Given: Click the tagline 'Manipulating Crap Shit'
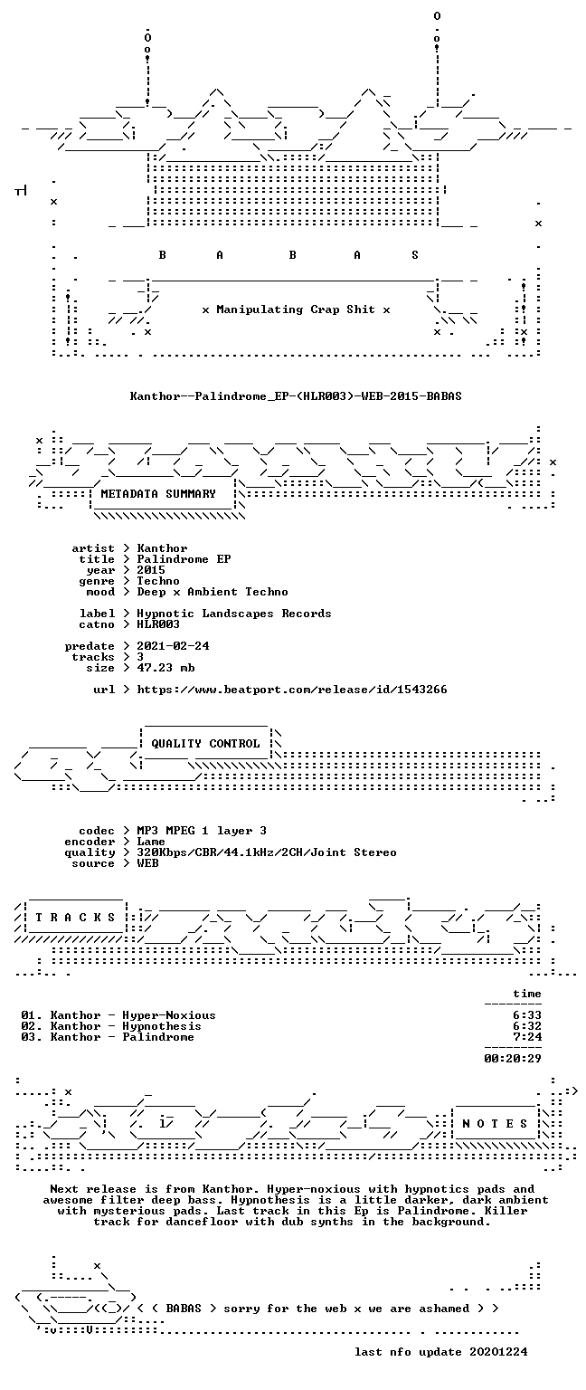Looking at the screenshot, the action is click(295, 309).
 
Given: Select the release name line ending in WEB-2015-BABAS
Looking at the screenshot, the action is click(295, 395).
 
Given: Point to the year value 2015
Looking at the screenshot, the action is click(151, 570).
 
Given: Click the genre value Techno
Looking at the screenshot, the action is click(158, 581).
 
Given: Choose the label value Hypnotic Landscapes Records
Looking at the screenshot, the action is click(234, 614).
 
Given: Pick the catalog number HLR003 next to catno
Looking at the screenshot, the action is click(158, 624).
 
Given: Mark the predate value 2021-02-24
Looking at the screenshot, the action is click(173, 646).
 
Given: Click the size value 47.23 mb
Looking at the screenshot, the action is click(165, 668).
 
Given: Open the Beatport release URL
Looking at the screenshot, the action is click(291, 690).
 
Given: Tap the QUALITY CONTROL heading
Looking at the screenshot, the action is click(205, 743).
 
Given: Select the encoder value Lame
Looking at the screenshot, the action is click(151, 842).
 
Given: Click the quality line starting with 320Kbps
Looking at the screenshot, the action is click(267, 852).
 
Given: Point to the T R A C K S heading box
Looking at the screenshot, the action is click(75, 918).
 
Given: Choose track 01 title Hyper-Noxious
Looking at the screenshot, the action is click(169, 1015).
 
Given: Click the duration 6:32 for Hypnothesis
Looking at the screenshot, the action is click(526, 1026).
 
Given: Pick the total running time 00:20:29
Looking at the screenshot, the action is click(512, 1059).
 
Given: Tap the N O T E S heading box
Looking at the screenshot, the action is click(495, 1124).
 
